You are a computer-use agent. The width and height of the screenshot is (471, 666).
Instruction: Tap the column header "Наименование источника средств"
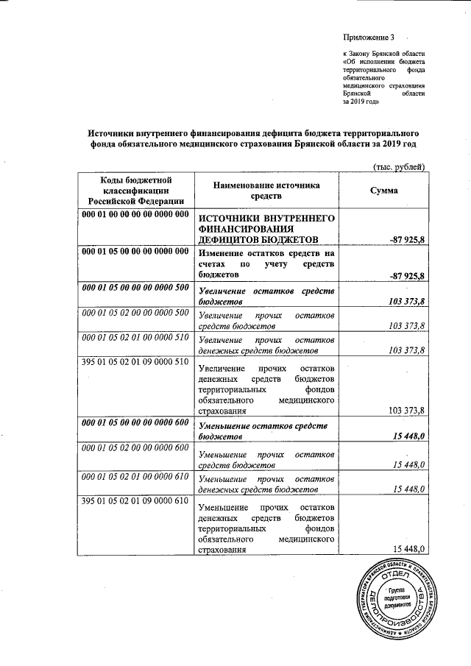[x=268, y=191]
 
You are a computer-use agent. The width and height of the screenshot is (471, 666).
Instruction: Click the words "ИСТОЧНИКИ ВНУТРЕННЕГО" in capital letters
[x=268, y=219]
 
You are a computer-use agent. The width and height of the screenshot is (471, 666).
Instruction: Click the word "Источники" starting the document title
[x=113, y=133]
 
